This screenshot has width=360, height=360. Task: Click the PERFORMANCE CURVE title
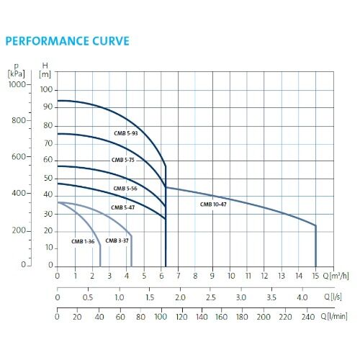click(68, 41)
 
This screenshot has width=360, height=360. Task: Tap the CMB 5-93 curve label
click(125, 133)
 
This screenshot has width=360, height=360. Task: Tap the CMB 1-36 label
click(83, 240)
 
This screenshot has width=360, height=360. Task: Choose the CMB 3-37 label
click(117, 240)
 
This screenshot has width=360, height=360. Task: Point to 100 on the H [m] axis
click(47, 89)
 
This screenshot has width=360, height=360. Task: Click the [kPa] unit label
click(16, 73)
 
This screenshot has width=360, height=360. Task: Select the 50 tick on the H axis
click(48, 178)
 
